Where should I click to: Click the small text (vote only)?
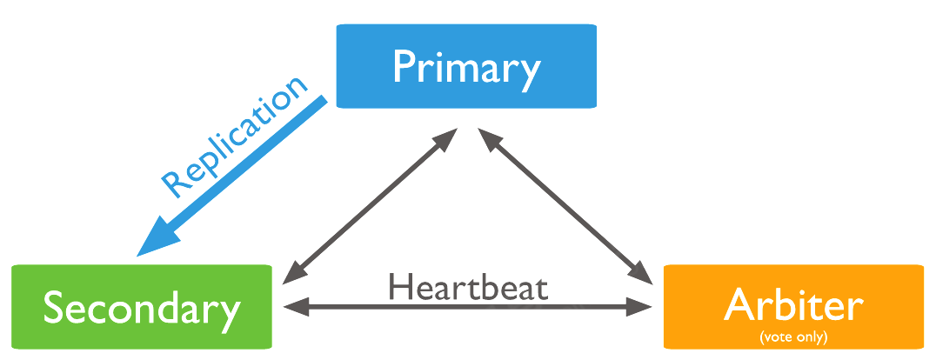[792, 336]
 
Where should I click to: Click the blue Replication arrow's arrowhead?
[157, 237]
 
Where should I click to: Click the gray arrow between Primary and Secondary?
[370, 207]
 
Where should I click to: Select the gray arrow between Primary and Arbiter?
[565, 207]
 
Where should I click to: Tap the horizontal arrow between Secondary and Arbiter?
[468, 306]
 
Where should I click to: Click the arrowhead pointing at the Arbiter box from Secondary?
[642, 306]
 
